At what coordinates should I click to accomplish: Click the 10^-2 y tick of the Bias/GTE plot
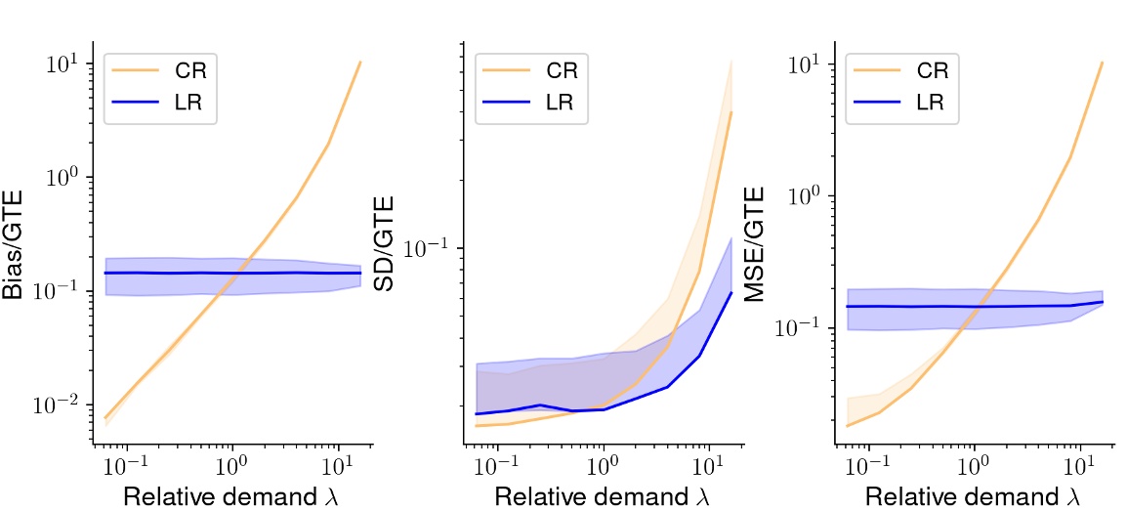click(62, 405)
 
